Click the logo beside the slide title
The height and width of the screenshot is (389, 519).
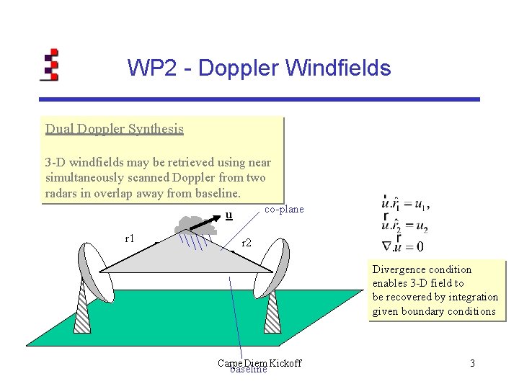click(49, 64)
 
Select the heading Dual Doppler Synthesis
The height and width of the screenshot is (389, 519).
click(114, 129)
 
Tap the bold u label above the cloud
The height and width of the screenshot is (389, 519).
click(229, 214)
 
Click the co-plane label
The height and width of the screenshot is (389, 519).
click(284, 209)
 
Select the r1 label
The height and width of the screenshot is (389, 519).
click(130, 238)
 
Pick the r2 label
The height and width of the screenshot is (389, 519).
click(247, 243)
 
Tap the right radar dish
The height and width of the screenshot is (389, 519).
click(275, 267)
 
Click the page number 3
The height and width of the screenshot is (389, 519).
click(472, 363)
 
